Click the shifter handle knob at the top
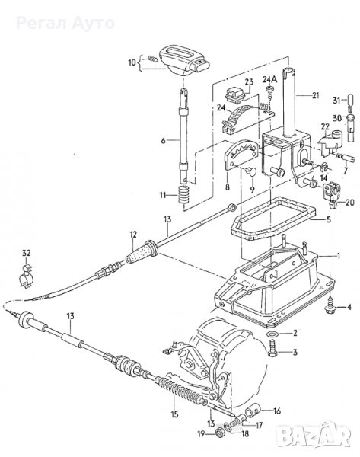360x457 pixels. [183, 60]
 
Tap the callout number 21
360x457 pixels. [315, 96]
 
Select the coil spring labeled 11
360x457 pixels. [183, 195]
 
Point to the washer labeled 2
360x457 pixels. [272, 334]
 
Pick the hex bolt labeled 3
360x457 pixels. [272, 348]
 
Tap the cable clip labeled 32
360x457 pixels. [26, 276]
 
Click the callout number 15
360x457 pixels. [174, 414]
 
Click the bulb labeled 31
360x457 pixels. [351, 101]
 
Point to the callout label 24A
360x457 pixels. [270, 79]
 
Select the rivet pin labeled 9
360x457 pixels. [250, 171]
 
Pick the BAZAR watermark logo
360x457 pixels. [313, 436]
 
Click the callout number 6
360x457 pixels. [163, 141]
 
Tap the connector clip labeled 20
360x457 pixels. [332, 193]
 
